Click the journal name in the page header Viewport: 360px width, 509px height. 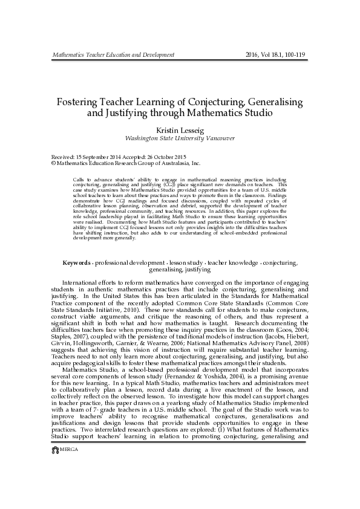(113, 54)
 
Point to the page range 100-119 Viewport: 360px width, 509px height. (296, 54)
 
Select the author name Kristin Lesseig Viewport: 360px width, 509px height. (180, 129)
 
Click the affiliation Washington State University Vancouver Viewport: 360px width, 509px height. (180, 138)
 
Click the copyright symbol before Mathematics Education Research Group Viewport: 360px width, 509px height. (53, 163)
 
